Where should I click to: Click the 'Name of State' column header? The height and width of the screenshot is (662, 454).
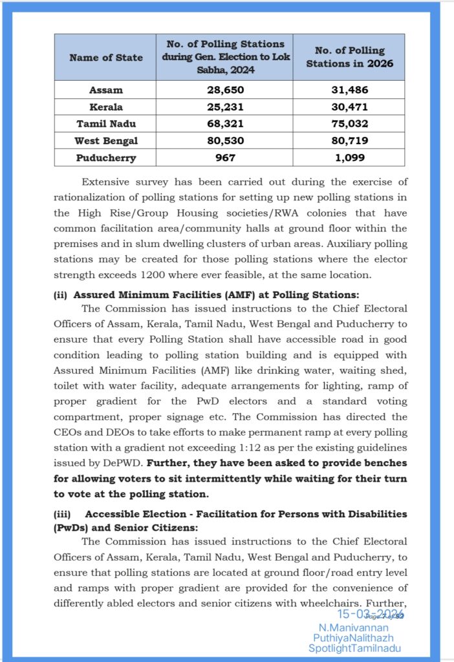pos(105,58)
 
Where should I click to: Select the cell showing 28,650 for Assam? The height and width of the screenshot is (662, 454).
pos(224,90)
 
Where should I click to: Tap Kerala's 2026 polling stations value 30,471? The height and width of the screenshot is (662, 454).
pos(349,107)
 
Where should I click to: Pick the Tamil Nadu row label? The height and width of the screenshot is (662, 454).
pos(105,123)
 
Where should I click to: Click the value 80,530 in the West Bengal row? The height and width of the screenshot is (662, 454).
pos(224,140)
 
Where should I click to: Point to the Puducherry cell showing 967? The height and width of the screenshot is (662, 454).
pos(224,157)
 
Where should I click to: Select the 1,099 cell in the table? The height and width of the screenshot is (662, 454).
pos(349,157)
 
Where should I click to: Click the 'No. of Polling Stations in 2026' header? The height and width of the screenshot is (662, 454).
pos(349,57)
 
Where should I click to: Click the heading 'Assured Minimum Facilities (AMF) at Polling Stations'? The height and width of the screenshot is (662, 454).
pos(216,294)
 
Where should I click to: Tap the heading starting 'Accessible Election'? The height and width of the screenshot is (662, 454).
pos(246,513)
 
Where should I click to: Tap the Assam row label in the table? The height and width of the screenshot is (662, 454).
pos(105,90)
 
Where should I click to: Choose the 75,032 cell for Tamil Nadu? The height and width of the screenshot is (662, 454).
pos(349,123)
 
